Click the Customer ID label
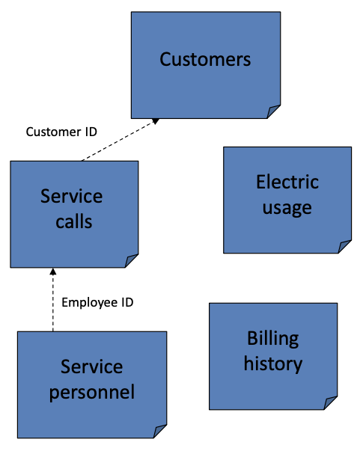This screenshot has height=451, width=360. coord(61,132)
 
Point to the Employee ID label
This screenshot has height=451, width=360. coord(97,303)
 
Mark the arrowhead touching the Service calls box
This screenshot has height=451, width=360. coord(52,271)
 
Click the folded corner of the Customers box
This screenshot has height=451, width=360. coord(274,111)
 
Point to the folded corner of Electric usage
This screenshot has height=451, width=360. coord(344,246)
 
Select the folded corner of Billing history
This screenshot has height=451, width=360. coord(329,403)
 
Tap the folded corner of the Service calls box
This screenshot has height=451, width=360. coord(132,260)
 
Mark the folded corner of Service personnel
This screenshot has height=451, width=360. coord(160,432)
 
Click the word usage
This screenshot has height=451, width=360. coord(287,208)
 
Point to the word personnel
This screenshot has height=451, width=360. coord(92,392)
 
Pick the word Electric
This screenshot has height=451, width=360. coord(287,182)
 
